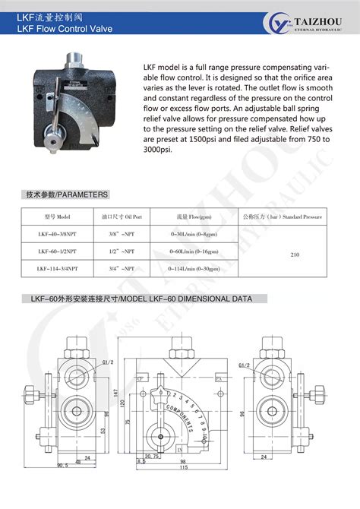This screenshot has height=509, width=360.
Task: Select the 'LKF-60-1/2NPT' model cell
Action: [58, 251]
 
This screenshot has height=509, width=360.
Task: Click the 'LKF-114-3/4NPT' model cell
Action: [58, 268]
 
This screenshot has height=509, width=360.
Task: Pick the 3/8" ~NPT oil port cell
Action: [120, 233]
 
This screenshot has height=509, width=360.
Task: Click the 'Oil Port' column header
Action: [120, 215]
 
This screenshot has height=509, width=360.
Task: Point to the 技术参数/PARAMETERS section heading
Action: [68, 194]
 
